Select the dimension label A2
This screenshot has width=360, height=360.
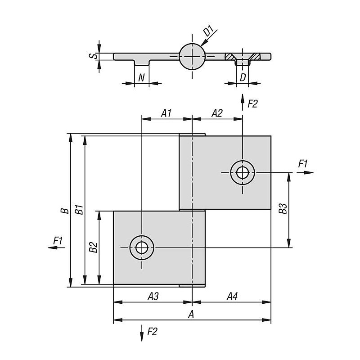tap(217, 113)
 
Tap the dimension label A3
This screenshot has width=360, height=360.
tap(153, 296)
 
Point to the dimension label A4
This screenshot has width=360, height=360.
tap(232, 296)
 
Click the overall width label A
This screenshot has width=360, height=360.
tap(191, 314)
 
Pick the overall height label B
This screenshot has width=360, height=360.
tap(65, 210)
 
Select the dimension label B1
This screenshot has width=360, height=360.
tap(79, 210)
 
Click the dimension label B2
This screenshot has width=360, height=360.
tap(93, 247)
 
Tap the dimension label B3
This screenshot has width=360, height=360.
tap(283, 210)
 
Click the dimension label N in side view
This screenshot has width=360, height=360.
tap(141, 77)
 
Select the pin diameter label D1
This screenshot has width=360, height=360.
tap(207, 32)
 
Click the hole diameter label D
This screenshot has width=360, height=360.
tap(243, 77)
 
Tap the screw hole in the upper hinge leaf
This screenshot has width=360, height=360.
tap(243, 172)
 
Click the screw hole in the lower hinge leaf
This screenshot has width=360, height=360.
tap(141, 247)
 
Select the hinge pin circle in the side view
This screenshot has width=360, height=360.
tap(193, 57)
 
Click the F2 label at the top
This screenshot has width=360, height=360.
tap(252, 104)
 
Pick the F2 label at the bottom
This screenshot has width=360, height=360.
tap(153, 333)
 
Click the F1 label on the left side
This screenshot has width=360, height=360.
tap(58, 241)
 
